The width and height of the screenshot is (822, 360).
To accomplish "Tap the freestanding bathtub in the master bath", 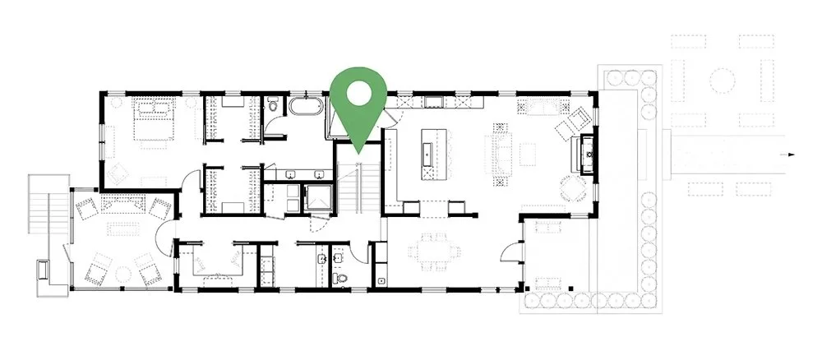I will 305,108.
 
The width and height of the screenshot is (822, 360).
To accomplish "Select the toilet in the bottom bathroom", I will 342,279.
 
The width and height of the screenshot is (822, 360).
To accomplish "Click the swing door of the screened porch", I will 511,249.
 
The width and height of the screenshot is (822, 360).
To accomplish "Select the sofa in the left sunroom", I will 122,204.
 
